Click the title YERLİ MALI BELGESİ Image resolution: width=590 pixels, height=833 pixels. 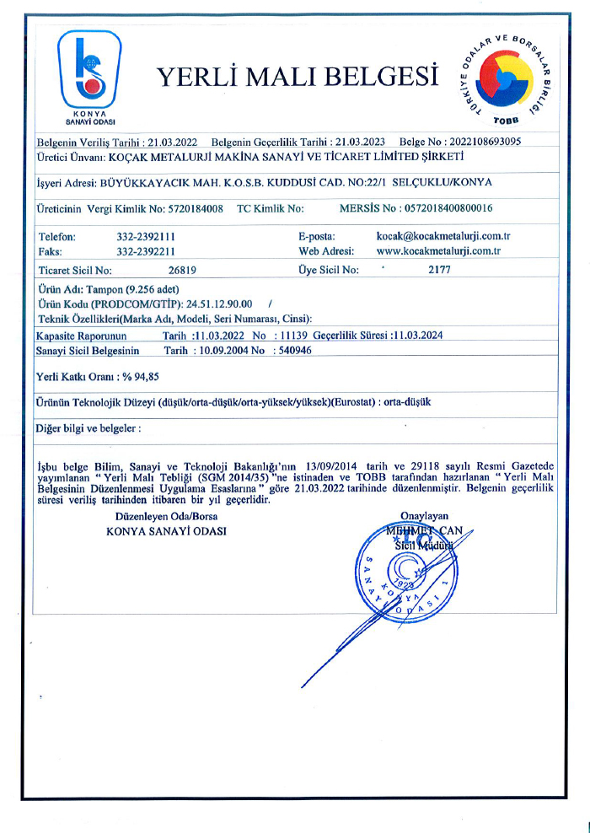pos(298,78)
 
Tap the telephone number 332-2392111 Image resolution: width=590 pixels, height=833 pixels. pos(146,238)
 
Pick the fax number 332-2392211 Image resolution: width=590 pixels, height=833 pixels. pos(146,251)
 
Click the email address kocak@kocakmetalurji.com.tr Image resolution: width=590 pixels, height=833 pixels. pos(443,238)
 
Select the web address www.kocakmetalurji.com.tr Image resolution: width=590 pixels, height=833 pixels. pos(438,251)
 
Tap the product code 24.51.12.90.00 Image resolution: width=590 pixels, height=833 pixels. pos(219,304)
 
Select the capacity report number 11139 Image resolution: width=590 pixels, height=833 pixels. pos(292,335)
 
